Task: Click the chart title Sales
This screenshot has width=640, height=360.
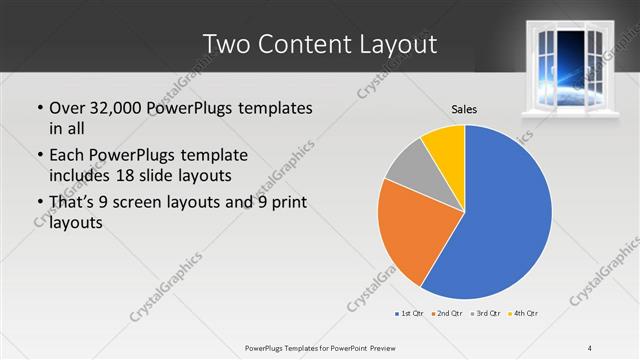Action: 463,108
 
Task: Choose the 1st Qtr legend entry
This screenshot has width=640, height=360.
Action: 411,314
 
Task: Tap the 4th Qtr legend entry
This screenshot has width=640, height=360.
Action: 523,314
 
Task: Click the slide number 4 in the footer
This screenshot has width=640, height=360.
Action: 590,347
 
